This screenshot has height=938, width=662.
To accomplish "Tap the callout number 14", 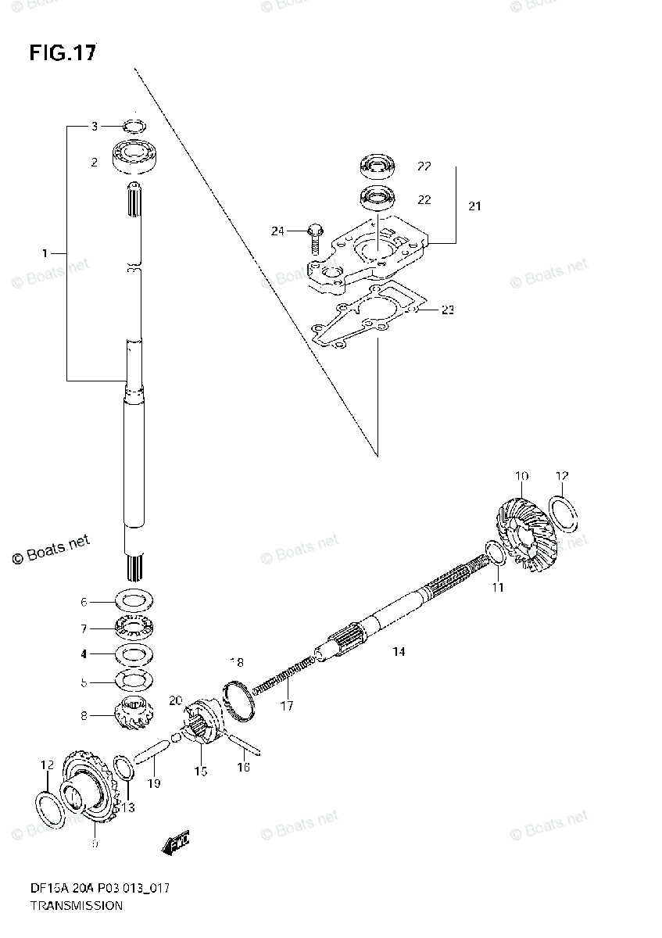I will (399, 650).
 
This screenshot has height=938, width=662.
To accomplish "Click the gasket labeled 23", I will (367, 320).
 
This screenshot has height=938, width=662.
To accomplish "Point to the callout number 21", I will (474, 206).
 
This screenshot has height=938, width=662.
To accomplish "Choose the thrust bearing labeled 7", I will (137, 628).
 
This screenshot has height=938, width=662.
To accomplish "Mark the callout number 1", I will (45, 252).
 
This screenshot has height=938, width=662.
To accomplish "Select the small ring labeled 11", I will (494, 554).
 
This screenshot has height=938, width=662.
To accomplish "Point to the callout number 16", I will (243, 768).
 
